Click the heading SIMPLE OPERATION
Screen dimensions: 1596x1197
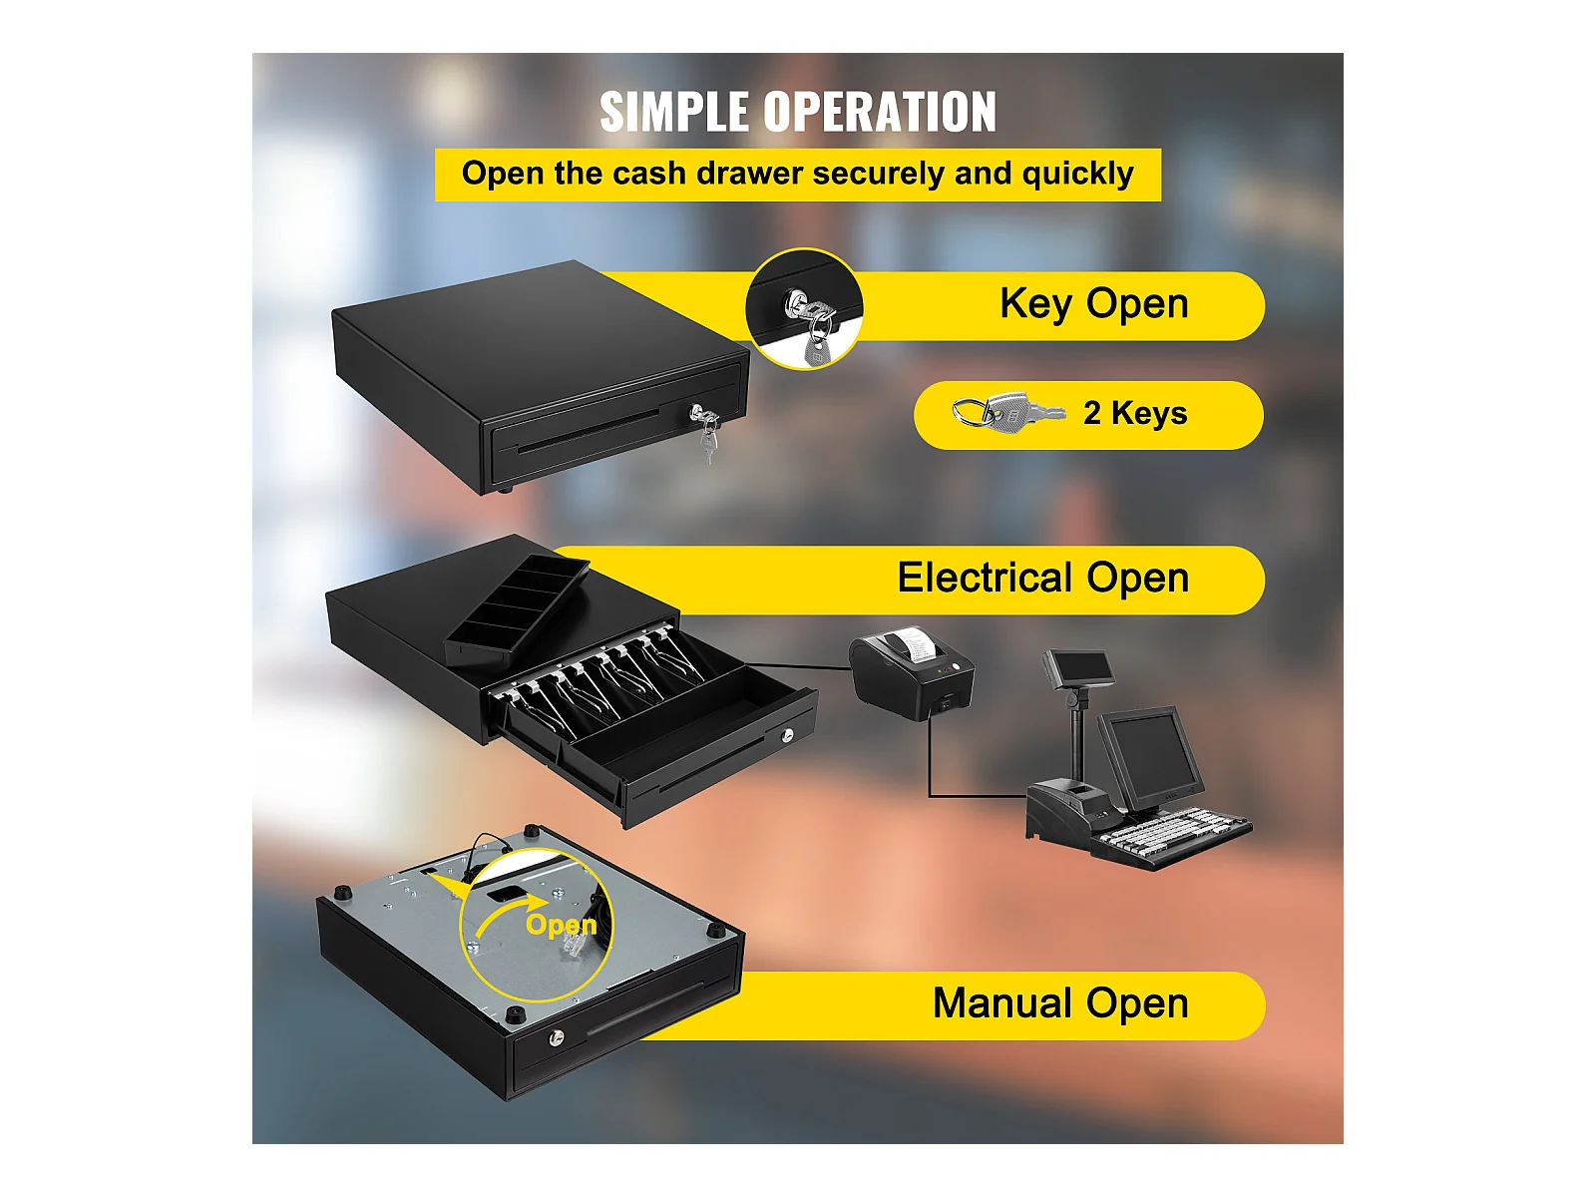click(797, 112)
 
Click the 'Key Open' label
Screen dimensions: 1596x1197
click(1093, 303)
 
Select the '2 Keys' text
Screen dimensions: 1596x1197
click(1135, 413)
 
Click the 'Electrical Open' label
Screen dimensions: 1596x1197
click(1042, 578)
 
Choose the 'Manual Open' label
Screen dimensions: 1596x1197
click(1059, 1003)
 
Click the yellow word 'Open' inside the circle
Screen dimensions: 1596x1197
click(561, 925)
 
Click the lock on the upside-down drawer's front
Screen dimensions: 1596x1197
click(557, 1038)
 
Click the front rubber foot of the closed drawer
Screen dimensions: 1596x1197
click(505, 488)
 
